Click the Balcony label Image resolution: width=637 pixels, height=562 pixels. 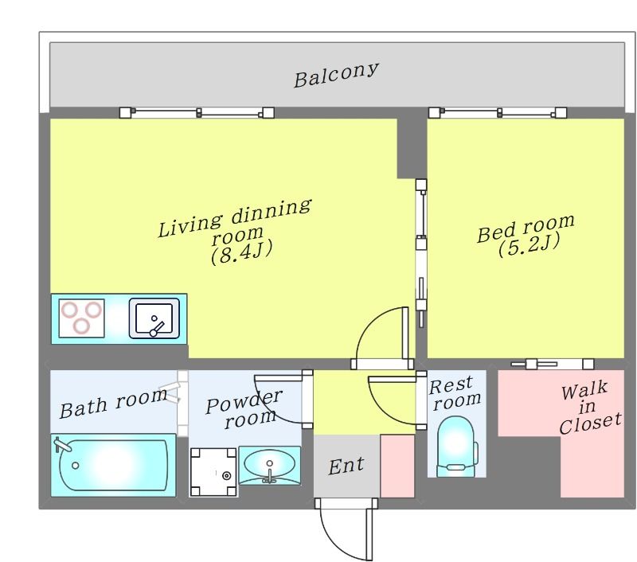pos(336,75)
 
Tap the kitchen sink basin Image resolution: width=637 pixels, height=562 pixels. pos(154,318)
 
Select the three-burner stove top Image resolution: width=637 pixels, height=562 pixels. pos(82,318)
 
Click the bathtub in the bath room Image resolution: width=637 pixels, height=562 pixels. pos(113,465)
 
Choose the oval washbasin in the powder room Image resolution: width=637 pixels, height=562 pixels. pos(269,465)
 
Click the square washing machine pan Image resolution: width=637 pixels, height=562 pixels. pos(213,472)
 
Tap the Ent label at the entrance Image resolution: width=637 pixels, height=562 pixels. pos(346,466)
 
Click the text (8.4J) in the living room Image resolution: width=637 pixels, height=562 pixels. pos(241,252)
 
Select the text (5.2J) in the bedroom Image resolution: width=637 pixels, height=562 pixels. pos(529,245)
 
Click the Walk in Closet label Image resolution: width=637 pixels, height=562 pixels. pos(589,408)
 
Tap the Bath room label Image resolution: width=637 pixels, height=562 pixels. pos(113,404)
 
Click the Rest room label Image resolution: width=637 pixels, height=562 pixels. pos(454,392)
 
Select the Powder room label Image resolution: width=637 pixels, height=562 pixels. pos(244,408)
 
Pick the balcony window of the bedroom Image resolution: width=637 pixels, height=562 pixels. pos(498,112)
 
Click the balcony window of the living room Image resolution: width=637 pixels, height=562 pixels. pos(197,112)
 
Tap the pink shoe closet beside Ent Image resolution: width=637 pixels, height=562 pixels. pos(397,466)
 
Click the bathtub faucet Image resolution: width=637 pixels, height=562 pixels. pos(62,444)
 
